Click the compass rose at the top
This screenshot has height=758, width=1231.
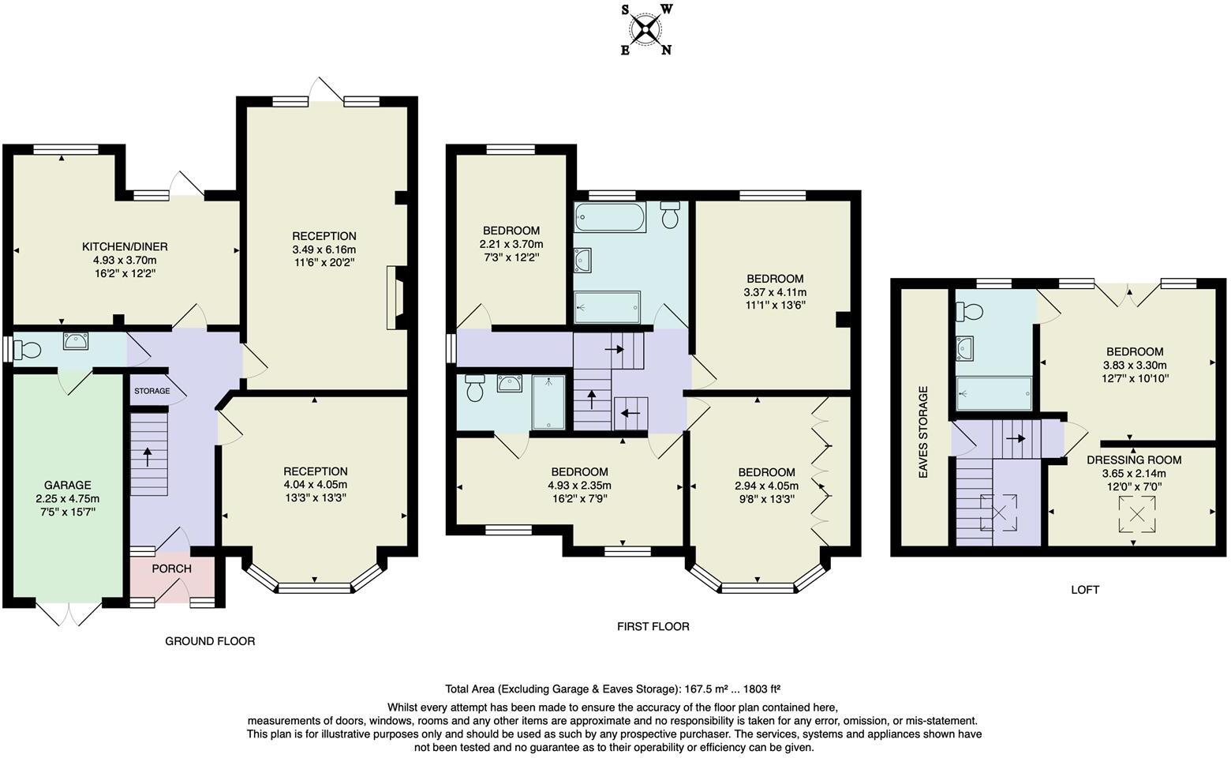[646, 30]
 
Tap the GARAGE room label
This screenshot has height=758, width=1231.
[67, 485]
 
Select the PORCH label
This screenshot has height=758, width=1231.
[171, 568]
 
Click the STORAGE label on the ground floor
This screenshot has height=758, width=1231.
[152, 391]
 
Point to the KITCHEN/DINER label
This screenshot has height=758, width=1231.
[126, 246]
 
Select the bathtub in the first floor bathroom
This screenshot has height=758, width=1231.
[610, 216]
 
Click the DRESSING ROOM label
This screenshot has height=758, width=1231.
[1134, 460]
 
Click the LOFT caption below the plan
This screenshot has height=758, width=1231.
[1084, 589]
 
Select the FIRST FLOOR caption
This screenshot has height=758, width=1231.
[653, 626]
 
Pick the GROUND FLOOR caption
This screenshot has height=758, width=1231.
[210, 641]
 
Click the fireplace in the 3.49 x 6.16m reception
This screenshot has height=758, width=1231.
[394, 298]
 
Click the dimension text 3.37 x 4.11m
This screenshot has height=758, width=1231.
[775, 292]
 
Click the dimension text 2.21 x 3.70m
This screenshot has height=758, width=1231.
[511, 244]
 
